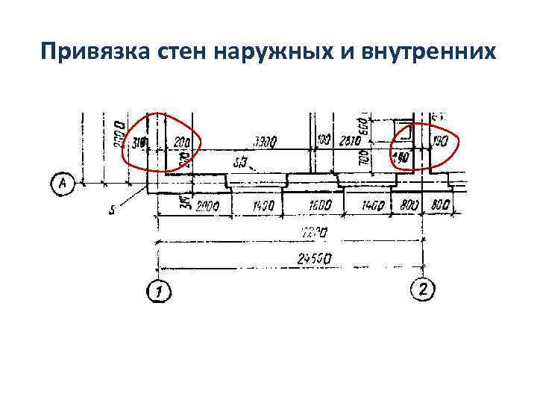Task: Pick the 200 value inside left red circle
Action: point(180,141)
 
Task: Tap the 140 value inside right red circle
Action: point(401,158)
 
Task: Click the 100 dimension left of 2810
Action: point(322,141)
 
